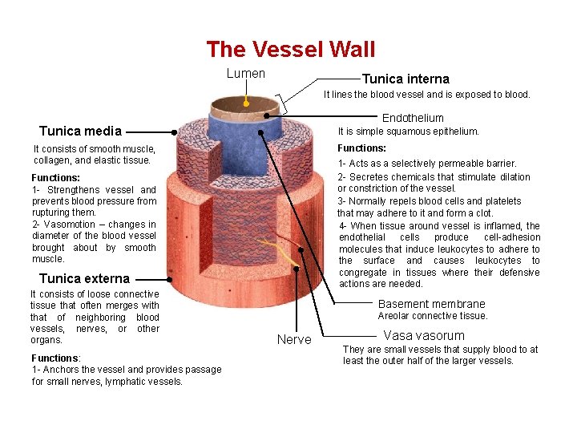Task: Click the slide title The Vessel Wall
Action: click(x=290, y=50)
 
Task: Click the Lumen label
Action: click(x=246, y=74)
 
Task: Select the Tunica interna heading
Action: click(x=406, y=79)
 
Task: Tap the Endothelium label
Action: click(x=413, y=118)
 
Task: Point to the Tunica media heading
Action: click(x=80, y=131)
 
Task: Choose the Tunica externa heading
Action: click(x=84, y=278)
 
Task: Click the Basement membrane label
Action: click(x=431, y=304)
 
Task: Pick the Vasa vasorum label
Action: click(x=424, y=335)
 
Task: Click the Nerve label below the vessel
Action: click(x=294, y=340)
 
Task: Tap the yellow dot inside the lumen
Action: click(x=246, y=103)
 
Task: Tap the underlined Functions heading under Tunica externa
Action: click(x=54, y=358)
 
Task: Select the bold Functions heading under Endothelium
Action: click(x=361, y=148)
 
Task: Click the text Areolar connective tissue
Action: click(x=433, y=316)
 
